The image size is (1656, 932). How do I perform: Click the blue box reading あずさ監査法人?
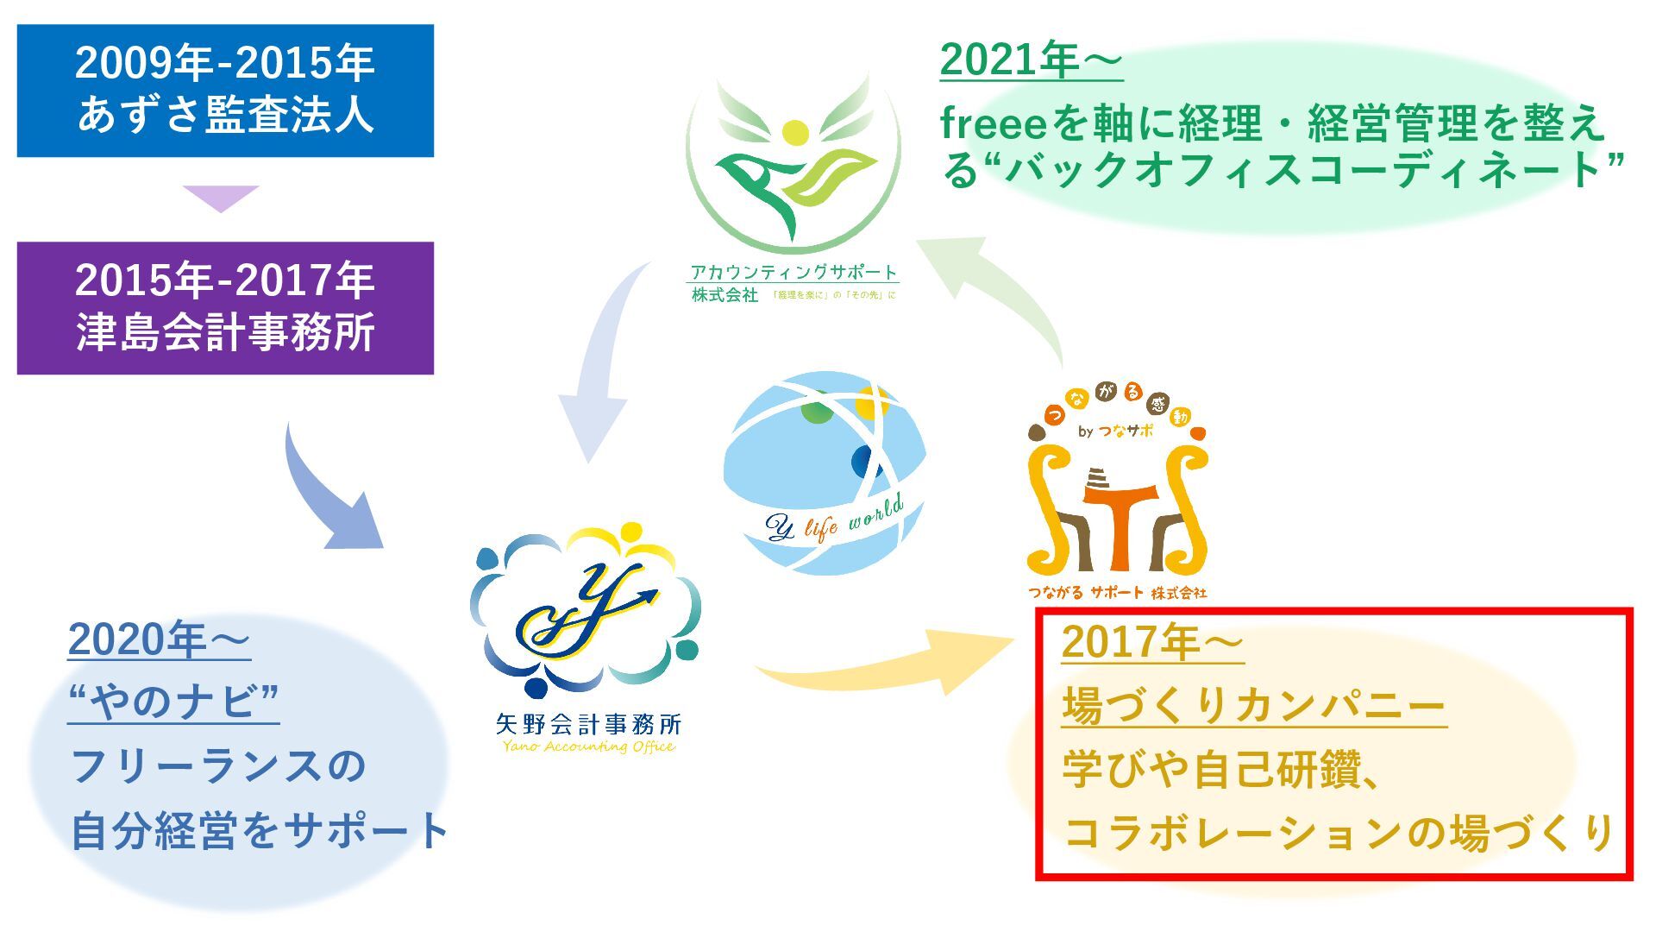click(225, 91)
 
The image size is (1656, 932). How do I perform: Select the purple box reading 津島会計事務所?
click(225, 308)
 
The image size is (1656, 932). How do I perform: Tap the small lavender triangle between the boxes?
click(221, 198)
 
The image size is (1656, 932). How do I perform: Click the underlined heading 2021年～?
click(1032, 60)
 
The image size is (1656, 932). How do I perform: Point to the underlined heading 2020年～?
click(160, 639)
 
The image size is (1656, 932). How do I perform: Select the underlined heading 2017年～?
click(1152, 642)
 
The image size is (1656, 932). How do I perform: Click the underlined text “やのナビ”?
click(173, 701)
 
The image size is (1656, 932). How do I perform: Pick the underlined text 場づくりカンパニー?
click(1254, 706)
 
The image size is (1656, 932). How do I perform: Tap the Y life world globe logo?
click(825, 473)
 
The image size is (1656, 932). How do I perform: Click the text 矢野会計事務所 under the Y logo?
click(589, 723)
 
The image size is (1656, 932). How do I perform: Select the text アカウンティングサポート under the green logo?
click(793, 272)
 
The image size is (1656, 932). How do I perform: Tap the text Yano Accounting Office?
click(589, 746)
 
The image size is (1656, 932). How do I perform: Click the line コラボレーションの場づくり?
click(1339, 832)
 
